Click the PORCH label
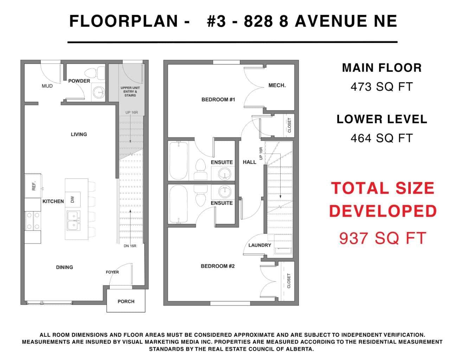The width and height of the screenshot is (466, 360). (x=126, y=302)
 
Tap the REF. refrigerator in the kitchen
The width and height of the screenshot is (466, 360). (x=33, y=186)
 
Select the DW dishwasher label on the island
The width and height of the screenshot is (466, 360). (x=72, y=199)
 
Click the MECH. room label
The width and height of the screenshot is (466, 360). (x=277, y=85)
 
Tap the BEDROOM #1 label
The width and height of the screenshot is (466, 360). (x=218, y=99)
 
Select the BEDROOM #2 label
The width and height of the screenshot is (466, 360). (x=218, y=266)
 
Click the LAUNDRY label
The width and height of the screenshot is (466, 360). (x=260, y=245)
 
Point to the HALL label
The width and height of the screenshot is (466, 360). (x=249, y=162)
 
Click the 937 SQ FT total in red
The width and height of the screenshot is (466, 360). (x=383, y=238)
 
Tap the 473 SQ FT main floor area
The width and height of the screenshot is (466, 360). (x=382, y=87)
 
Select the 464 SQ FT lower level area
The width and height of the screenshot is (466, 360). (x=382, y=138)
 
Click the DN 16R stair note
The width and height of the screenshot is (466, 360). (x=130, y=246)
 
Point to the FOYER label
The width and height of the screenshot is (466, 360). (x=112, y=272)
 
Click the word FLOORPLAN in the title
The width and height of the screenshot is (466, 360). (x=124, y=21)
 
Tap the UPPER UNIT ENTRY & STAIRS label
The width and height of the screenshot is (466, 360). (x=130, y=91)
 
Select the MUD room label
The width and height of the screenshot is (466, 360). (x=47, y=86)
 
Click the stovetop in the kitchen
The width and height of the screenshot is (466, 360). (x=33, y=221)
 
